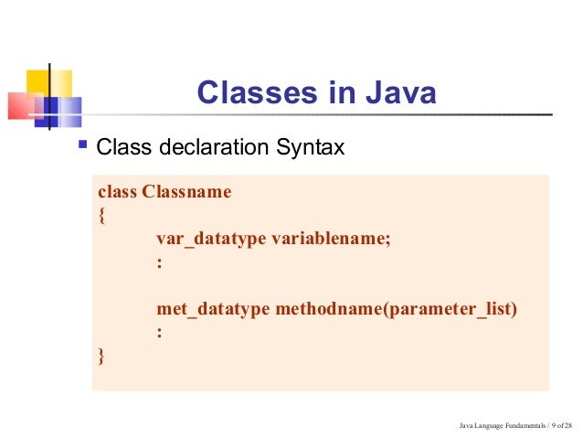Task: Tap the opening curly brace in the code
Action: pos(101,217)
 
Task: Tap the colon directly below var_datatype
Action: pos(160,263)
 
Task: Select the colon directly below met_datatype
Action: pos(160,334)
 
